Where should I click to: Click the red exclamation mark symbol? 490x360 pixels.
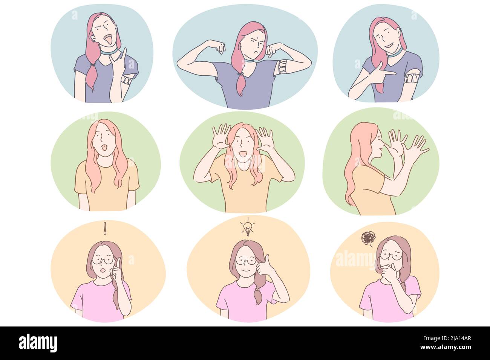pyautogui.click(x=105, y=229)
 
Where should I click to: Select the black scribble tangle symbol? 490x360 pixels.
pyautogui.click(x=367, y=238)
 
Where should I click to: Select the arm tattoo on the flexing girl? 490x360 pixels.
pyautogui.click(x=283, y=67)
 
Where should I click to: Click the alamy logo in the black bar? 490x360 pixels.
pyautogui.click(x=38, y=343)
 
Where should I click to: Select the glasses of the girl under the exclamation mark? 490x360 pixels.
pyautogui.click(x=103, y=260)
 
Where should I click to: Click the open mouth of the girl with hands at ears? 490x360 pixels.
pyautogui.click(x=243, y=153)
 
